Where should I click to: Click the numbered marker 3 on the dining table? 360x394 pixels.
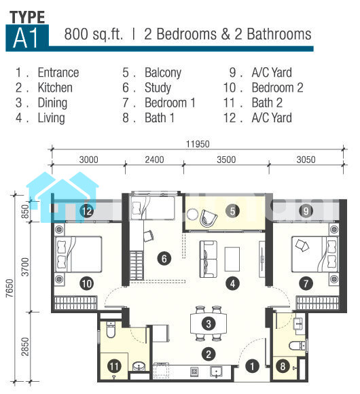(x=209, y=323)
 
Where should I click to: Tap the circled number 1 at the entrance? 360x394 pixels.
(x=252, y=366)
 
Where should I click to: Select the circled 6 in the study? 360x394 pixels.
(x=164, y=259)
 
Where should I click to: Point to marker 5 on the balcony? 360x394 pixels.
(x=232, y=211)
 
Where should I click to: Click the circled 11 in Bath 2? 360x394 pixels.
(x=114, y=366)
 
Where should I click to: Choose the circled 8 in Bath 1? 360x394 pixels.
(x=283, y=366)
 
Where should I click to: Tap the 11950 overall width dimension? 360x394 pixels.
(x=198, y=144)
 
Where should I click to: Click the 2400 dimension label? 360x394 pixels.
(x=154, y=160)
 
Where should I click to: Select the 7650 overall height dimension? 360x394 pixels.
(x=10, y=288)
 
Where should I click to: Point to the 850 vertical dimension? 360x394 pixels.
(x=25, y=211)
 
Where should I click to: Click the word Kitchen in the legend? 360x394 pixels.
(x=55, y=88)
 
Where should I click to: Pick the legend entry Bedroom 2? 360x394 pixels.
(x=277, y=88)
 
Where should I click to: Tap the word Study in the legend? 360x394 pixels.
(x=158, y=88)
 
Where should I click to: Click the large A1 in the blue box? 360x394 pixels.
(x=26, y=38)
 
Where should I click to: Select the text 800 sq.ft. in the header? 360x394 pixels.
(x=94, y=34)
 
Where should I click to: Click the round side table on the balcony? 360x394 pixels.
(x=192, y=215)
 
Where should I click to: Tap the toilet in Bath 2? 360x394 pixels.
(x=111, y=329)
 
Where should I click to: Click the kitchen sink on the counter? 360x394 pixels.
(x=216, y=372)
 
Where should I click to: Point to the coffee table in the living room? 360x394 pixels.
(x=232, y=259)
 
